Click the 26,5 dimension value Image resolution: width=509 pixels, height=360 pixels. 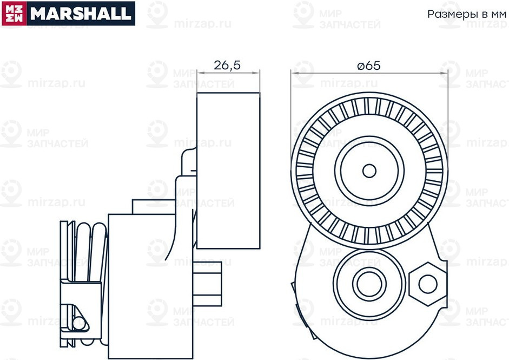[x=227, y=66]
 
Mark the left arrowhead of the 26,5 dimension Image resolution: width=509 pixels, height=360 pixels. [x=200, y=72]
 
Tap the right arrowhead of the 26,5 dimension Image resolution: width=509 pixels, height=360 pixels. [x=257, y=72]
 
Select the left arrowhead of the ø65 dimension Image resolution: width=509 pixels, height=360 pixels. [x=295, y=72]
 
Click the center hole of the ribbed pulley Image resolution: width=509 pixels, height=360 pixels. [x=369, y=171]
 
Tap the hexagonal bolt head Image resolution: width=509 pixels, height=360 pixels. [x=427, y=283]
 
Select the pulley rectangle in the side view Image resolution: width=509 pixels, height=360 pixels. [x=228, y=171]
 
